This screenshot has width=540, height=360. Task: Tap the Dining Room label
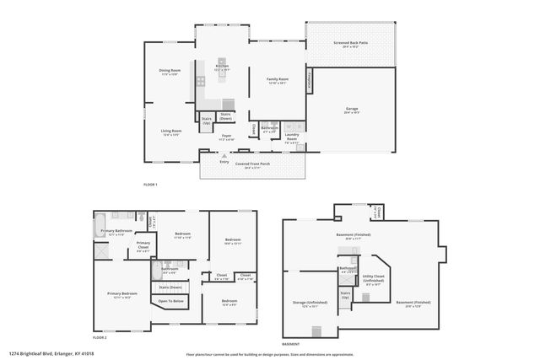(x=171, y=71)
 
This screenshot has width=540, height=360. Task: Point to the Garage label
(x=352, y=110)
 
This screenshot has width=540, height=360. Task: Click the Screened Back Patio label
(x=349, y=46)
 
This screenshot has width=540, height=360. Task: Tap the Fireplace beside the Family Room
(x=310, y=79)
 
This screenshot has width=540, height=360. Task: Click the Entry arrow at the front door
(x=224, y=155)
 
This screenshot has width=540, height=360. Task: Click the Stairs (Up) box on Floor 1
(x=206, y=121)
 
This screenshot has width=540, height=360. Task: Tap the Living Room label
(x=171, y=132)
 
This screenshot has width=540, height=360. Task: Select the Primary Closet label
(x=143, y=247)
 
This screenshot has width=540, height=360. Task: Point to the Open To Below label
(x=171, y=301)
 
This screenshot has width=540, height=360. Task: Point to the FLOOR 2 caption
(x=100, y=336)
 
